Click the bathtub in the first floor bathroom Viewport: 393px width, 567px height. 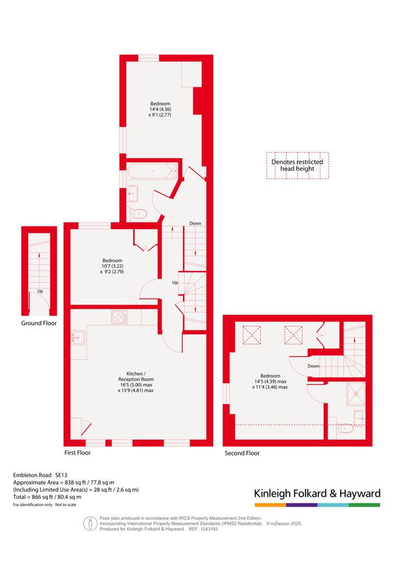point(152,171)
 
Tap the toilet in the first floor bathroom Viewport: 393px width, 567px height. point(138,214)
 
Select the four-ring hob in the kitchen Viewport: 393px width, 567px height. point(119,317)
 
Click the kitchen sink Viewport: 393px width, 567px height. point(78,338)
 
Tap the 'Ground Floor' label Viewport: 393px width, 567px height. point(39,323)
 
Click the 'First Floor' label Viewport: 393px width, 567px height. point(78,453)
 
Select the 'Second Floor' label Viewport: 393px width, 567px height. point(242,453)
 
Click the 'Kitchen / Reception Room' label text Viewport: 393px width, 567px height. point(136,377)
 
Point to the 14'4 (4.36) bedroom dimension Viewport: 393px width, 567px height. point(160,109)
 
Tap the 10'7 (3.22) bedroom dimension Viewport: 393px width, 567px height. point(112,266)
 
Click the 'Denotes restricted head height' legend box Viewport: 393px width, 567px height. point(297,165)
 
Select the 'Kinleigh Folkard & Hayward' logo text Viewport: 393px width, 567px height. point(317,493)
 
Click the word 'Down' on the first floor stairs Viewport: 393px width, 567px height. point(195,223)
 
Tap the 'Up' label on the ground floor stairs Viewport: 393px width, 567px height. point(40,291)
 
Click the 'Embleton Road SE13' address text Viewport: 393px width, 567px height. point(40,475)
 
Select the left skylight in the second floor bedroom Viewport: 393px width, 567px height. point(252,335)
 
